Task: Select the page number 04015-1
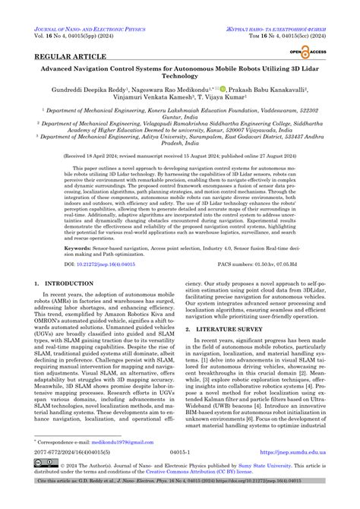click(179, 471)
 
